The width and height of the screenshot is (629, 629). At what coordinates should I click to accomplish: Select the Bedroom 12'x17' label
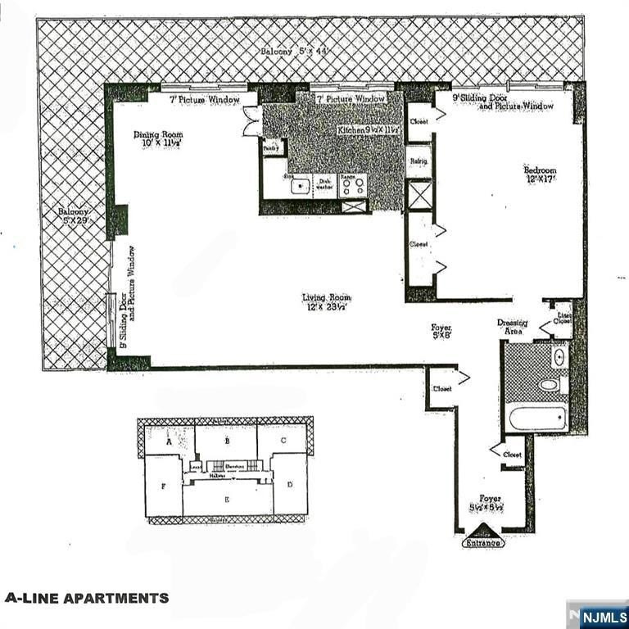(x=540, y=175)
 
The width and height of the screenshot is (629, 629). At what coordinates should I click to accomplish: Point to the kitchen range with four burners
(x=353, y=186)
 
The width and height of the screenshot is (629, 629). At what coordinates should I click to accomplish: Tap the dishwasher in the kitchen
(x=324, y=186)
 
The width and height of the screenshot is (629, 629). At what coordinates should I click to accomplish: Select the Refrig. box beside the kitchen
(x=419, y=162)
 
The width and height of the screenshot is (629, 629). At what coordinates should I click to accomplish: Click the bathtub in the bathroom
(x=537, y=419)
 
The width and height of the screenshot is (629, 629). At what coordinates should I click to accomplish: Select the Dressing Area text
(x=513, y=326)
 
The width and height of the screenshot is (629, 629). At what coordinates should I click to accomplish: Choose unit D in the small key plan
(x=290, y=485)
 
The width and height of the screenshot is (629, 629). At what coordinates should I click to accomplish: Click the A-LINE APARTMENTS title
(x=87, y=598)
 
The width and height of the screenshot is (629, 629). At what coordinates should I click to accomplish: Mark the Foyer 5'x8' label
(x=441, y=331)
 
